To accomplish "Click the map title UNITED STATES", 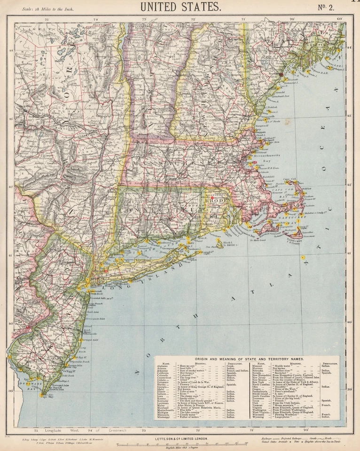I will click(180, 7).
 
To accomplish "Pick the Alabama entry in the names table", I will click(164, 366).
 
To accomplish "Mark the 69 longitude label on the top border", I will click(340, 19).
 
